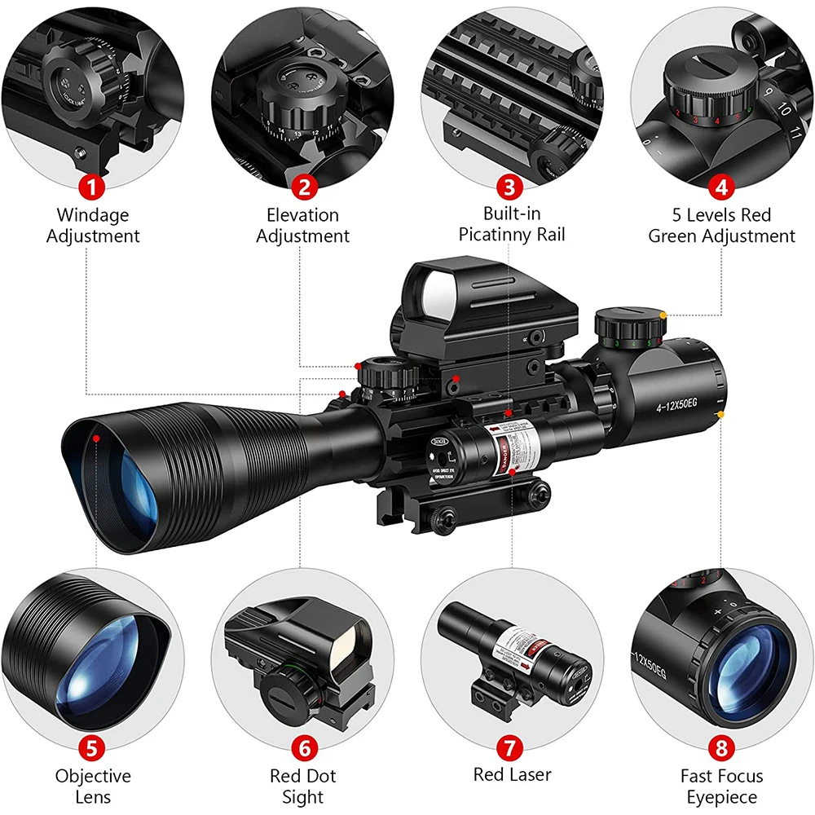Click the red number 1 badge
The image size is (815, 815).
[92, 187]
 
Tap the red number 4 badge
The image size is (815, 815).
[720, 187]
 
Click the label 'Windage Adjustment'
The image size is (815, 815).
[92, 226]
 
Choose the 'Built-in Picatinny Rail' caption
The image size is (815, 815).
[511, 226]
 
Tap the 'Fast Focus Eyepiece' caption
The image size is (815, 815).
[720, 786]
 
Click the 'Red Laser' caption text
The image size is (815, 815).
[512, 775]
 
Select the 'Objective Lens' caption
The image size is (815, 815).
[93, 786]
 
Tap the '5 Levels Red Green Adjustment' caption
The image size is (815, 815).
[721, 226]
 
